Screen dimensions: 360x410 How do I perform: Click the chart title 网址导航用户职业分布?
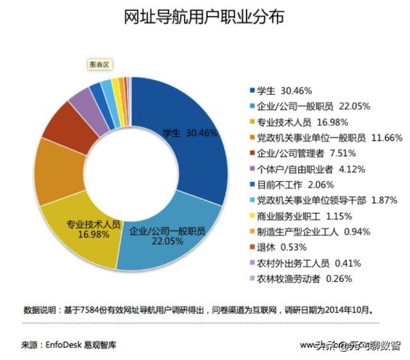point(204,17)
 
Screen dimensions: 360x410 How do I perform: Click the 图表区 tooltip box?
point(99,64)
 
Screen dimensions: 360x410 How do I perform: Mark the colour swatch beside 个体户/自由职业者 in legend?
point(252,169)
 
